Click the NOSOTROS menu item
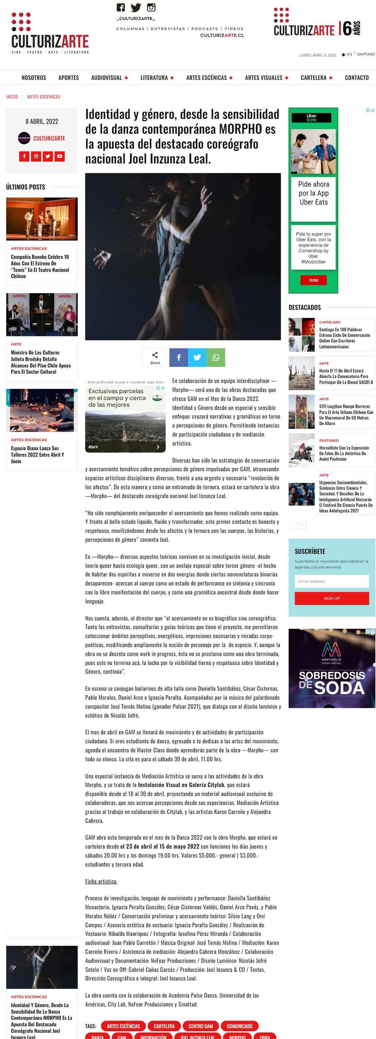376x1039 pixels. tap(34, 78)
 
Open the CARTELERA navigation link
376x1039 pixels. tap(313, 78)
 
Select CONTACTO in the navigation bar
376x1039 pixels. tap(357, 78)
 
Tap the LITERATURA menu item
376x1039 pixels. tap(154, 78)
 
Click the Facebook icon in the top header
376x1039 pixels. tap(121, 7)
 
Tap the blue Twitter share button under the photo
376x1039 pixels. tap(197, 357)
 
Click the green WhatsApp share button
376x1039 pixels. tap(216, 357)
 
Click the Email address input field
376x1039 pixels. tap(332, 581)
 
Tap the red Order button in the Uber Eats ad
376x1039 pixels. tap(313, 280)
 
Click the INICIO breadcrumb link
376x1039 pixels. tap(12, 97)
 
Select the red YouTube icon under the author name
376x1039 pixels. tap(60, 156)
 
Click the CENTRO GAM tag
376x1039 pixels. tap(201, 1026)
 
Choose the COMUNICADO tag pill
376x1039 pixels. tap(240, 1026)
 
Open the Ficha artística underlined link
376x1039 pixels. tap(101, 881)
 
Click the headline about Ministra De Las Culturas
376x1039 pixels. tap(41, 362)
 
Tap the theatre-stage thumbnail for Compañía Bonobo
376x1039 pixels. tap(42, 219)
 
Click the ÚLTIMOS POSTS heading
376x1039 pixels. tap(25, 187)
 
